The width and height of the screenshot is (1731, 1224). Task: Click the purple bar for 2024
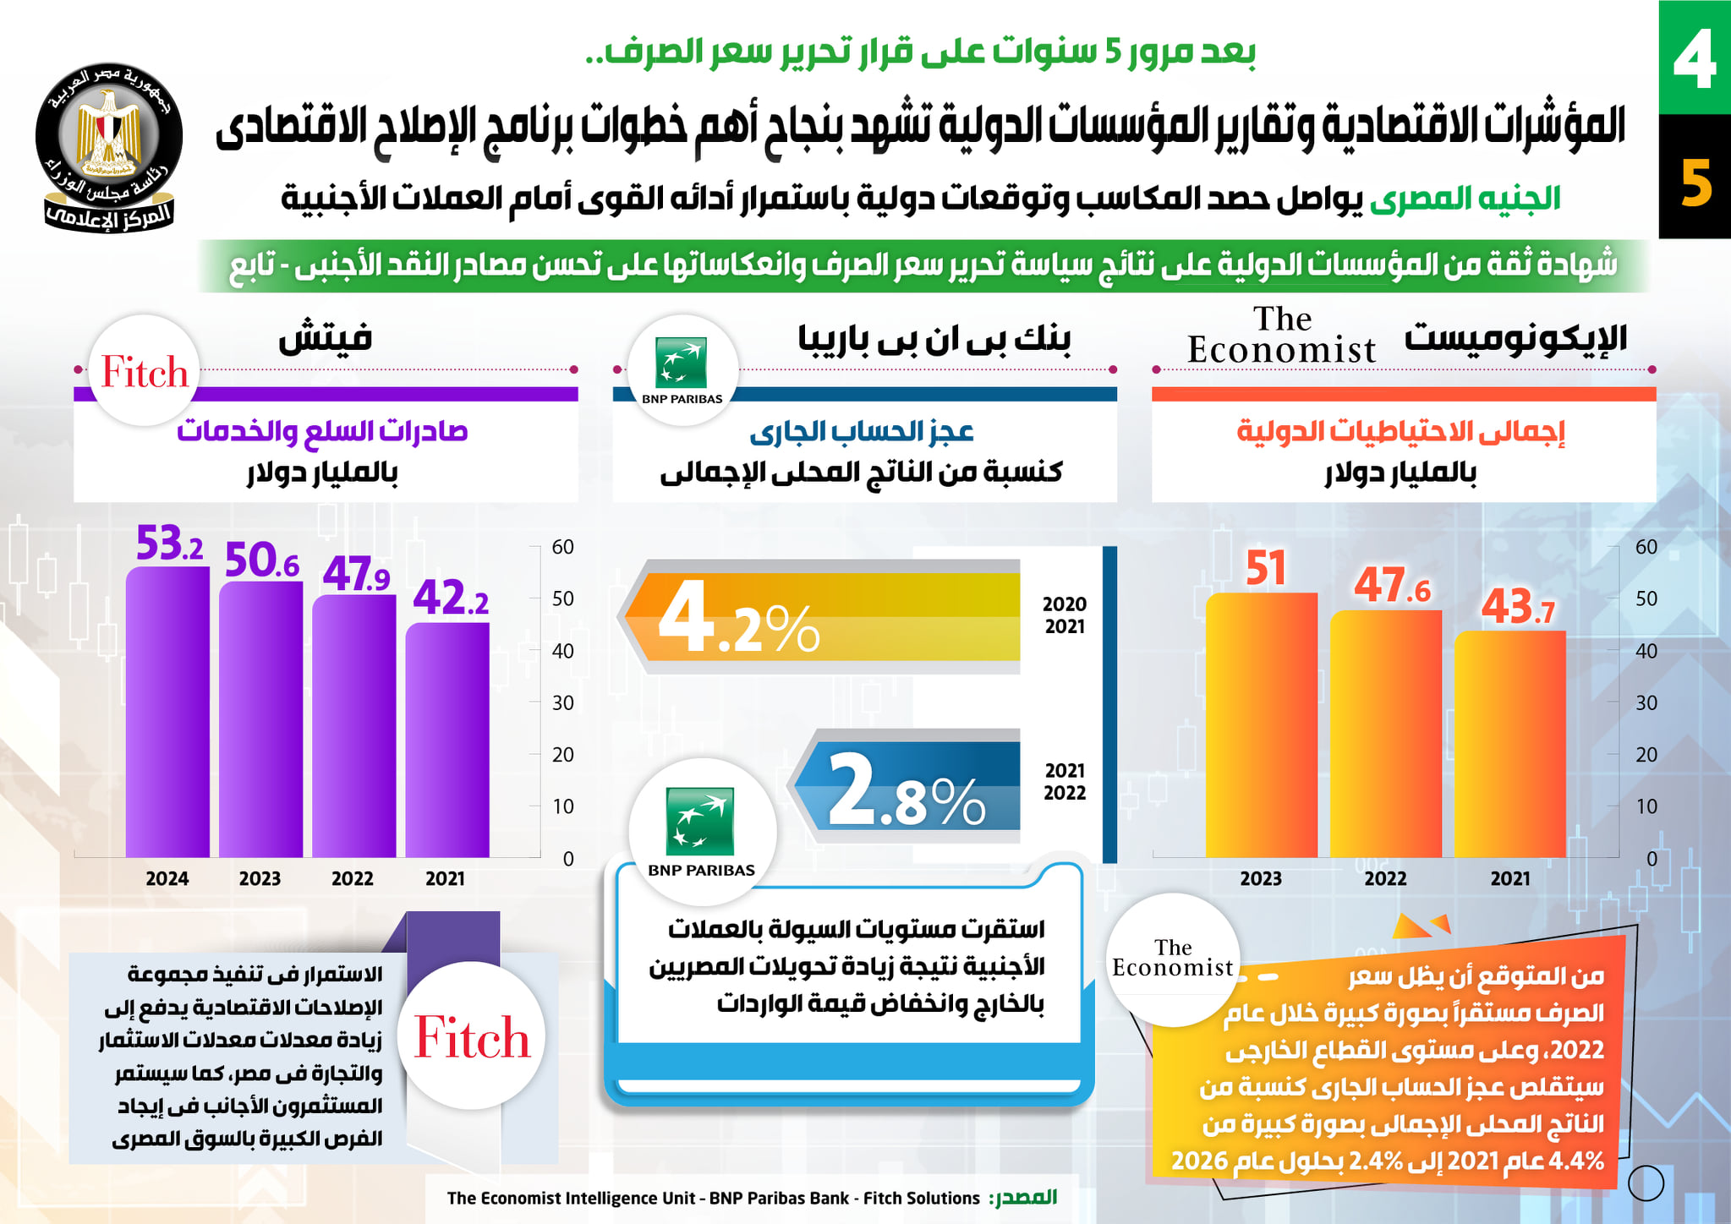click(x=167, y=712)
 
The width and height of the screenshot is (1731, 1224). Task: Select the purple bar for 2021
click(x=446, y=740)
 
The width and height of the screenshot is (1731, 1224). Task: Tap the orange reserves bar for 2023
click(x=1261, y=724)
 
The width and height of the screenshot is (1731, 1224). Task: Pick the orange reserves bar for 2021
click(x=1509, y=744)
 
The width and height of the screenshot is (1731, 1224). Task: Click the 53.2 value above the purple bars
click(x=169, y=544)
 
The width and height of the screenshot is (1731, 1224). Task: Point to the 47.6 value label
click(x=1392, y=585)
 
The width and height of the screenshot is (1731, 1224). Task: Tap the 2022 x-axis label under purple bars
click(x=352, y=878)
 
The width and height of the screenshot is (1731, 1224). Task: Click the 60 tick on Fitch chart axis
click(x=562, y=547)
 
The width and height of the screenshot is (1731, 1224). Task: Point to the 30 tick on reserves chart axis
click(x=1646, y=702)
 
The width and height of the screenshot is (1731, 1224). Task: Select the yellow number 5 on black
click(x=1695, y=183)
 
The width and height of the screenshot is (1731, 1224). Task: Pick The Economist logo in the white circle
click(x=1173, y=959)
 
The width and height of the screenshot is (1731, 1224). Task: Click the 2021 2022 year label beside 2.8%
click(x=1064, y=781)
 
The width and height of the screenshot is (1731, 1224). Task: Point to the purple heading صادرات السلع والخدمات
click(x=322, y=431)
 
